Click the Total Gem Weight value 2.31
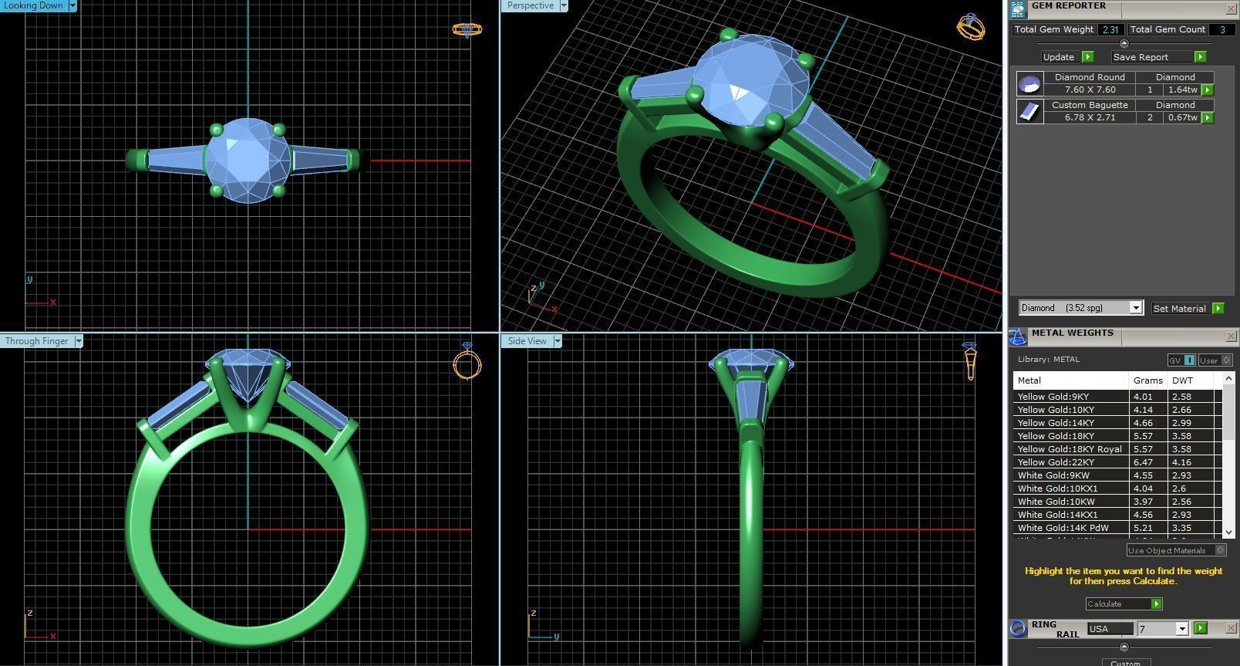coord(1110,29)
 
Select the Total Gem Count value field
coord(1221,29)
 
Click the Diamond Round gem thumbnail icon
coord(1029,83)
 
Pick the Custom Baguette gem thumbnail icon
coord(1029,111)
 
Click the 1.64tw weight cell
coord(1181,90)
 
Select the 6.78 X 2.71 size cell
coord(1090,117)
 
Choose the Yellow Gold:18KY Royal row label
coord(1070,449)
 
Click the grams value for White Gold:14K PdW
coord(1143,528)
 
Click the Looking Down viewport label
coord(34,5)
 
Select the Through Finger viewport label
coord(36,341)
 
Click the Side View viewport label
coord(527,341)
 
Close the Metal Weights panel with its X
coord(1231,336)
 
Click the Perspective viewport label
coord(531,5)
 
